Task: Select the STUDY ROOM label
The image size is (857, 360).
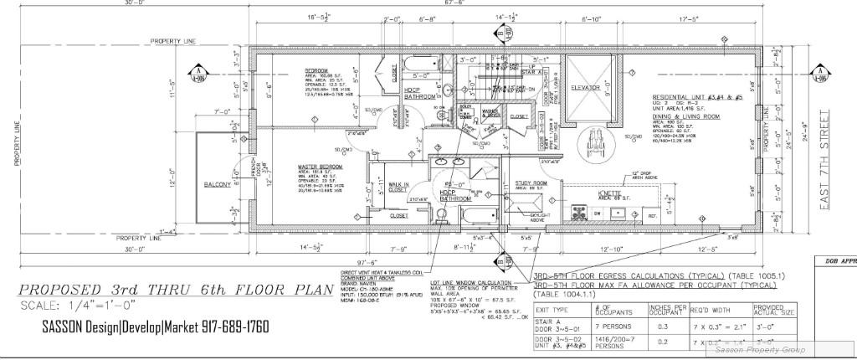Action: (531, 183)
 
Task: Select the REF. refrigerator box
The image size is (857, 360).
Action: (653, 216)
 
